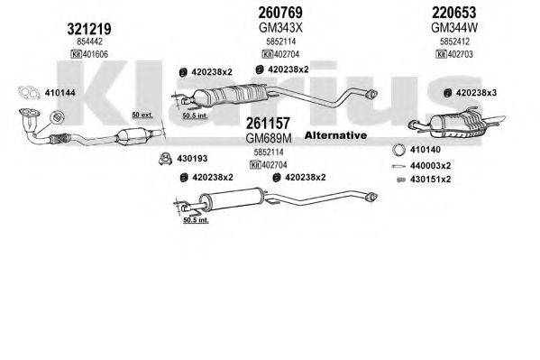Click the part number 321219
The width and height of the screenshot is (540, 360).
pyautogui.click(x=90, y=28)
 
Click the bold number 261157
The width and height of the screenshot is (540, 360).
pyautogui.click(x=267, y=125)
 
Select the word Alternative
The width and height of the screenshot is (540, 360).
pyautogui.click(x=336, y=135)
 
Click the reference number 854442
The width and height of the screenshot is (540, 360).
pyautogui.click(x=90, y=42)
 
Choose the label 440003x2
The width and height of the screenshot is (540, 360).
pyautogui.click(x=430, y=166)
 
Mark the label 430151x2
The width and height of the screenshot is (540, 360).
pyautogui.click(x=430, y=180)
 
